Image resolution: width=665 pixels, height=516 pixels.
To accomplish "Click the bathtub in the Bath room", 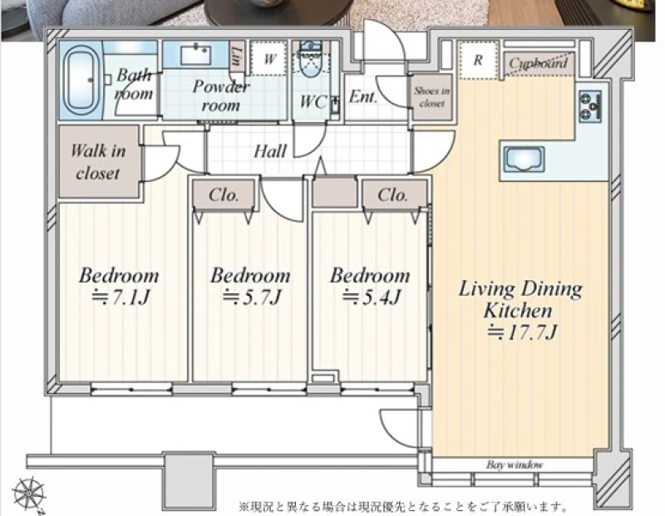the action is click(x=81, y=81).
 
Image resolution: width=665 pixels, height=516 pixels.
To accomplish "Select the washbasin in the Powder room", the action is click(x=196, y=55).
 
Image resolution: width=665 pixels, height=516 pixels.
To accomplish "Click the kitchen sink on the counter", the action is click(x=524, y=160).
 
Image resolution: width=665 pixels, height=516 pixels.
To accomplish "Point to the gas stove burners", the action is click(x=590, y=106).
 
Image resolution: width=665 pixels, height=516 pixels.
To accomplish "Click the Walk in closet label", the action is click(x=98, y=162).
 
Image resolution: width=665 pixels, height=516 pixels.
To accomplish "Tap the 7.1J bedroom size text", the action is click(x=121, y=297).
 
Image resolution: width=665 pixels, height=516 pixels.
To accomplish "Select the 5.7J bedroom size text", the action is click(x=253, y=297).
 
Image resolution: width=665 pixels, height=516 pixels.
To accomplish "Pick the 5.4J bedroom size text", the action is click(x=372, y=297).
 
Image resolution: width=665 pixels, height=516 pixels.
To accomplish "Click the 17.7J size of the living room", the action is click(x=522, y=332).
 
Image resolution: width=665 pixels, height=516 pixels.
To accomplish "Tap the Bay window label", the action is click(x=515, y=464).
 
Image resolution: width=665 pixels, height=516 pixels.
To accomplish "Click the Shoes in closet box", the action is click(x=432, y=97).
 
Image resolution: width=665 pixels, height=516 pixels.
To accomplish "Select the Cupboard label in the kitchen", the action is click(x=539, y=64).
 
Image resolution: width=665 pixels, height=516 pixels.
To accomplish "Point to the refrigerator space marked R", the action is click(x=478, y=60).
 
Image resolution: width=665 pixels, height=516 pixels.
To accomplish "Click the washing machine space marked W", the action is click(x=269, y=58).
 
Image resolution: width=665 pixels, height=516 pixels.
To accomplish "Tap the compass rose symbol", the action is click(x=28, y=494).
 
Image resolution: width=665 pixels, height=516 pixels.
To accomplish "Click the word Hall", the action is click(x=270, y=151).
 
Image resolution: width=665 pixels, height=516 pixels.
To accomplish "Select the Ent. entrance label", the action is click(x=363, y=97).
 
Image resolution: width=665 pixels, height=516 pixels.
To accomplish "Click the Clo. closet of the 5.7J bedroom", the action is click(x=224, y=194).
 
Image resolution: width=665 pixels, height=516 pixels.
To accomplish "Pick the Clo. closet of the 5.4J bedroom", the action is click(x=393, y=194).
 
